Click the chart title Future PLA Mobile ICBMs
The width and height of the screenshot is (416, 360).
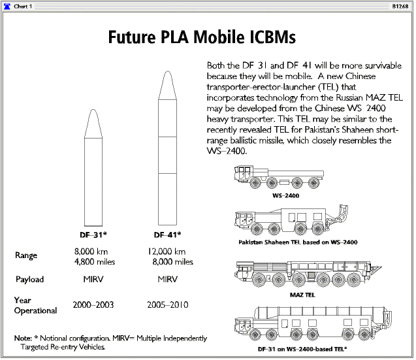point(202,37)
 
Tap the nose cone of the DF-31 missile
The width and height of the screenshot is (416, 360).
point(93,123)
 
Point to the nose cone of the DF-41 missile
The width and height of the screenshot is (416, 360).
point(167,86)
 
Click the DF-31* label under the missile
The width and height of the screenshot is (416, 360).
point(93,235)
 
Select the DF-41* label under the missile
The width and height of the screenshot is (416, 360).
point(167,235)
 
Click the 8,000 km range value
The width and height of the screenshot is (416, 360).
point(91,252)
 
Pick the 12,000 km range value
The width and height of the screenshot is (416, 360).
point(167,252)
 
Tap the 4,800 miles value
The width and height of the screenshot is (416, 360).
point(95,262)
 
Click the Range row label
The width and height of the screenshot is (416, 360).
point(26,255)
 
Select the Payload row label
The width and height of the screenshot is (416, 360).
point(30,279)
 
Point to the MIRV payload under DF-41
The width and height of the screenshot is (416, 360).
point(167,279)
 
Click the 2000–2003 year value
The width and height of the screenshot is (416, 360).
point(93,304)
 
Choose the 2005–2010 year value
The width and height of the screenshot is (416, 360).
point(168,304)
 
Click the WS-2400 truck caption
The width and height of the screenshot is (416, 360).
point(285,195)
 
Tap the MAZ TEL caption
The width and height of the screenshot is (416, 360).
point(302,295)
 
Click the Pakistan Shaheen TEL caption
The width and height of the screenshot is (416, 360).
point(298,242)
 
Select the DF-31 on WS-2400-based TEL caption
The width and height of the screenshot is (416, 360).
point(302,349)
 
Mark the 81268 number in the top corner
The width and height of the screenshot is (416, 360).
point(400,7)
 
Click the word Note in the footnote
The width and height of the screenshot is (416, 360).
point(23,338)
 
